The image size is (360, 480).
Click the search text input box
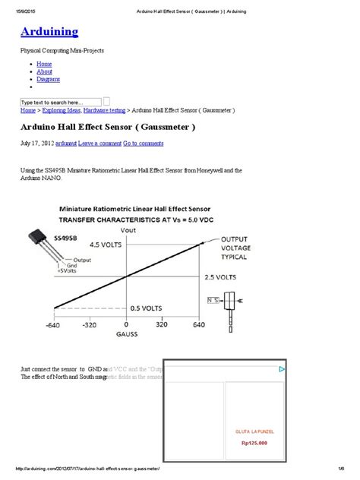(61, 102)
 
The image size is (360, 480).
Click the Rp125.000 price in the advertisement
(255, 444)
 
